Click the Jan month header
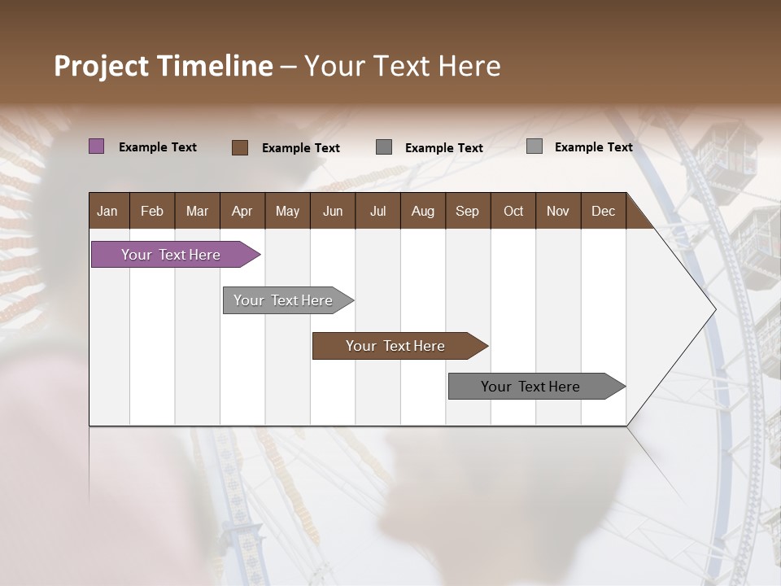pos(107,211)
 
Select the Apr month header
pos(242,211)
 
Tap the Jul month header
pos(377,211)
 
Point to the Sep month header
pos(467,211)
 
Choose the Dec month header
pos(603,211)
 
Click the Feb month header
pos(152,211)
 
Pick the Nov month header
pos(557,211)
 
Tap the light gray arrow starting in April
pos(284,300)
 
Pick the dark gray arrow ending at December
pos(531,387)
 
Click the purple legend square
pos(96,146)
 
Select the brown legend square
pos(239,147)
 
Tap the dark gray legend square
pos(384,146)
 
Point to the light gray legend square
pos(534,146)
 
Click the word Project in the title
pos(101,66)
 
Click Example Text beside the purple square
pos(158,147)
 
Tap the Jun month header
pos(333,211)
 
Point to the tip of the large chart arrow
pos(714,308)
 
